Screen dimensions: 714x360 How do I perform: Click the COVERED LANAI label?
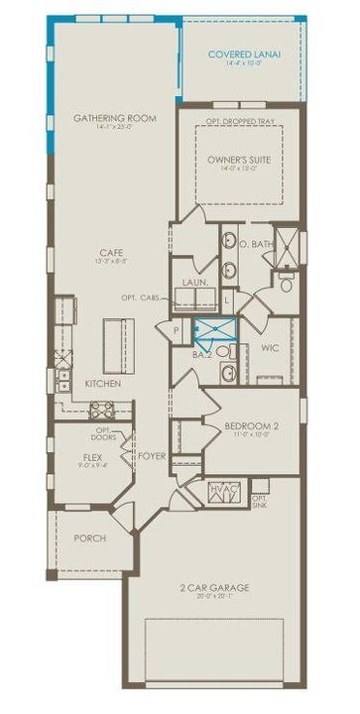pyautogui.click(x=242, y=56)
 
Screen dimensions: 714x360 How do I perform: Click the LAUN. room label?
pyautogui.click(x=192, y=282)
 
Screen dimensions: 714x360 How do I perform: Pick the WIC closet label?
pyautogui.click(x=270, y=349)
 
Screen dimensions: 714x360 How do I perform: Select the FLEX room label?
pyautogui.click(x=92, y=458)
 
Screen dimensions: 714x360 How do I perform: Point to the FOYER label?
pyautogui.click(x=152, y=457)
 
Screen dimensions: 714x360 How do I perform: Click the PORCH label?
pyautogui.click(x=89, y=538)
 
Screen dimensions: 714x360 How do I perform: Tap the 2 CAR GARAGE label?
pyautogui.click(x=214, y=588)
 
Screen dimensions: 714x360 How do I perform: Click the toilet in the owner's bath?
pyautogui.click(x=287, y=285)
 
